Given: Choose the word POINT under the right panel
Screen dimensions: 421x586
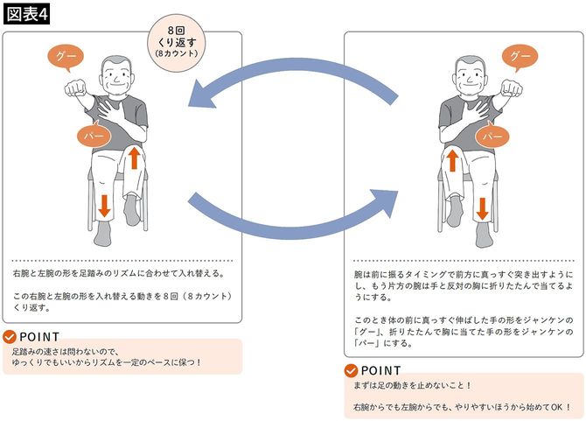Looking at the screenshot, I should (380, 370).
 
